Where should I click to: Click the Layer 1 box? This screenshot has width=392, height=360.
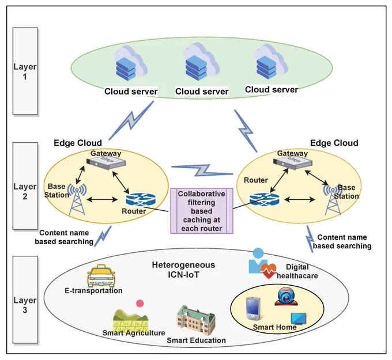click(25, 71)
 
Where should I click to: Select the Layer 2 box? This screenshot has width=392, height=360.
click(25, 186)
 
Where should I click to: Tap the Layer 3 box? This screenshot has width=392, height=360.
click(25, 300)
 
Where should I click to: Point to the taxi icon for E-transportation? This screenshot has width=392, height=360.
click(101, 276)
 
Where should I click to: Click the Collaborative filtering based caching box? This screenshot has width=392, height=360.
click(202, 211)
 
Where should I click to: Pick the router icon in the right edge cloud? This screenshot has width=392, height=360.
click(265, 199)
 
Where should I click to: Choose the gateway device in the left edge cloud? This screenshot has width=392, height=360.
click(106, 163)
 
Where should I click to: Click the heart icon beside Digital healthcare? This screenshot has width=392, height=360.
click(268, 271)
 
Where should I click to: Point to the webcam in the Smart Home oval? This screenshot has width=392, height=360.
click(286, 296)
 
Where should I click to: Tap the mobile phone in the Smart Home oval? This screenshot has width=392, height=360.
click(253, 309)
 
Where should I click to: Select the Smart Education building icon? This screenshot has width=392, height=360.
click(196, 320)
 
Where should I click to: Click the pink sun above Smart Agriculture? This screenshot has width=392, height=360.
click(140, 304)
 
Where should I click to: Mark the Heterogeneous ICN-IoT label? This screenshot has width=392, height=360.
click(183, 270)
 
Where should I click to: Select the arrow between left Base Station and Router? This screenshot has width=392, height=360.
click(102, 199)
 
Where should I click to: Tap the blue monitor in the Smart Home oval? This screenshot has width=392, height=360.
click(299, 319)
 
